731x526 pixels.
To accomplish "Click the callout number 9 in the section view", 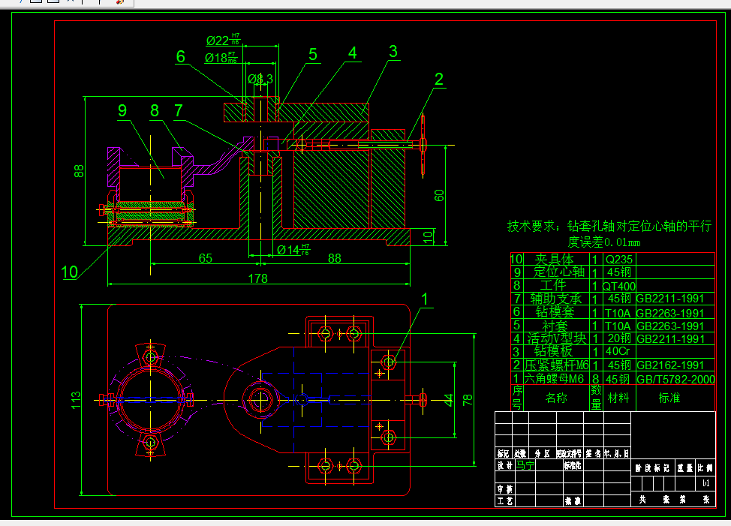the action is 122,111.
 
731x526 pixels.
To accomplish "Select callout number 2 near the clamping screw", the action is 438,79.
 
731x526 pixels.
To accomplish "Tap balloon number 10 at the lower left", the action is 70,272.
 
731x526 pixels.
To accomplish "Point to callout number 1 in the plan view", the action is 426,299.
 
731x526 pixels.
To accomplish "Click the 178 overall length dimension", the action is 257,279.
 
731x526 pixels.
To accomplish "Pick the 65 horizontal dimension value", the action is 205,258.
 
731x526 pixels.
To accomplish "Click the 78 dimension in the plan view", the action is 467,400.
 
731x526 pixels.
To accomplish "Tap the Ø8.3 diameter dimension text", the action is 260,79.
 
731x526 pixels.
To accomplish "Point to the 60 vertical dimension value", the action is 440,195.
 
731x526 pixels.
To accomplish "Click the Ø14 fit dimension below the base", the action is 293,249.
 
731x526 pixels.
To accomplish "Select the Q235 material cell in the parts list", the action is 619,259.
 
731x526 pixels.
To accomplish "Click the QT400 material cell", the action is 619,286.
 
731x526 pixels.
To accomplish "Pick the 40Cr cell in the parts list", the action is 619,352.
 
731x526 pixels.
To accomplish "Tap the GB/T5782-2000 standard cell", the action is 675,379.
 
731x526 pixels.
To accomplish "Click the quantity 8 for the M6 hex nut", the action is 594,379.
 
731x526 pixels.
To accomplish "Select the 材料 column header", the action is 618,398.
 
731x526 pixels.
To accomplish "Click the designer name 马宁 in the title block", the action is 525,464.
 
